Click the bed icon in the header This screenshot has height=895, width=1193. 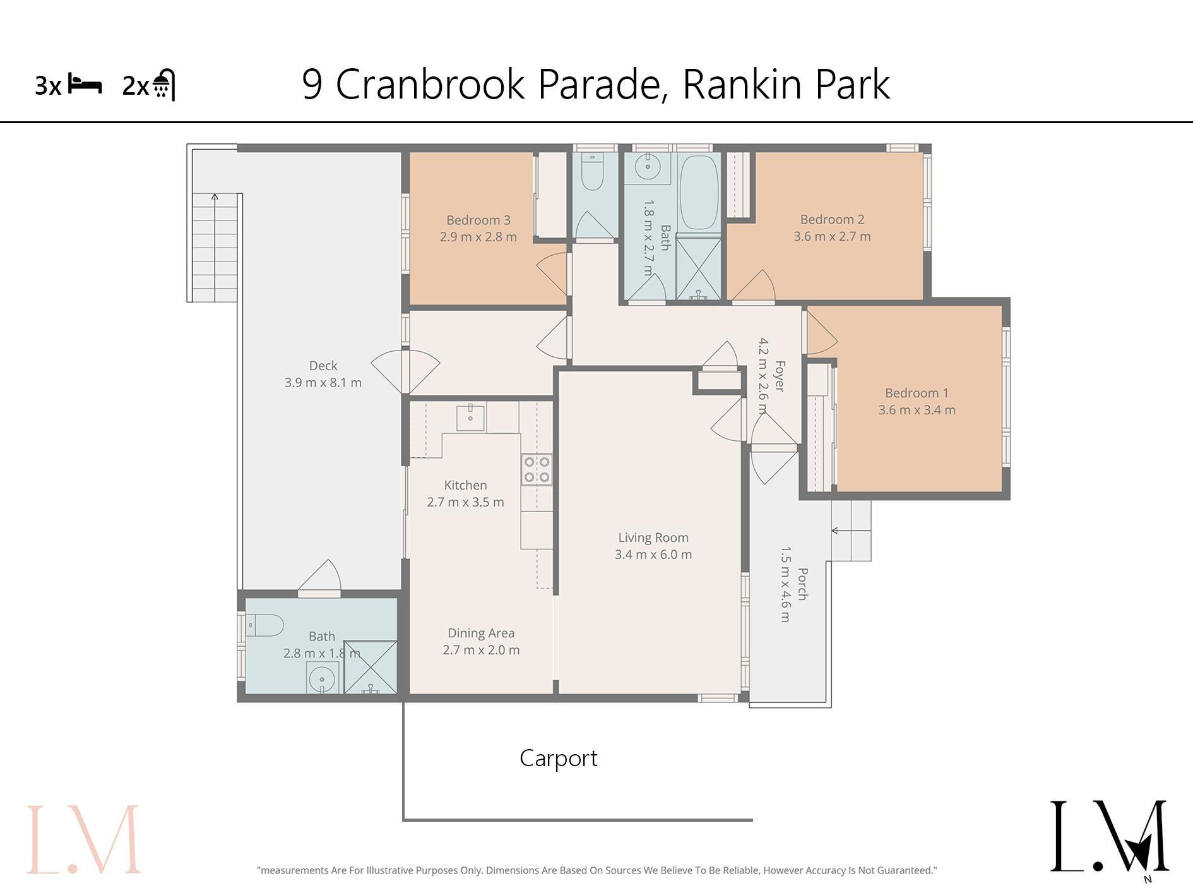point(85,85)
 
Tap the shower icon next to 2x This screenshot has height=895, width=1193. point(164,85)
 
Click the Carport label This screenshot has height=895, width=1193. point(558,758)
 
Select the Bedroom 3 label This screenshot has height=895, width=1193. point(478,220)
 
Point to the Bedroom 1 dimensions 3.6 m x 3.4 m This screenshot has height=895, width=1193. point(917,410)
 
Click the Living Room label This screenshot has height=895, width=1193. point(653,538)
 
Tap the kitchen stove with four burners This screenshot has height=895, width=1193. point(537,469)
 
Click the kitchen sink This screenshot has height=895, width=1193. point(470,417)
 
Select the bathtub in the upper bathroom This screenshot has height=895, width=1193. point(699,192)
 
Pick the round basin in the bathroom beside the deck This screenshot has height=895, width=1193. point(322,679)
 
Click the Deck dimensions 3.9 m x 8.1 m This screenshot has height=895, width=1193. point(323,383)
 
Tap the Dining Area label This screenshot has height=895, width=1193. point(481,633)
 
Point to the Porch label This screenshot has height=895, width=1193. point(802,584)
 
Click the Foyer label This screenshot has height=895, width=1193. point(780,376)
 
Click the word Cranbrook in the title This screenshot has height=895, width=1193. point(430,84)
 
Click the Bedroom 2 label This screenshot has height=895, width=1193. point(832,220)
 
